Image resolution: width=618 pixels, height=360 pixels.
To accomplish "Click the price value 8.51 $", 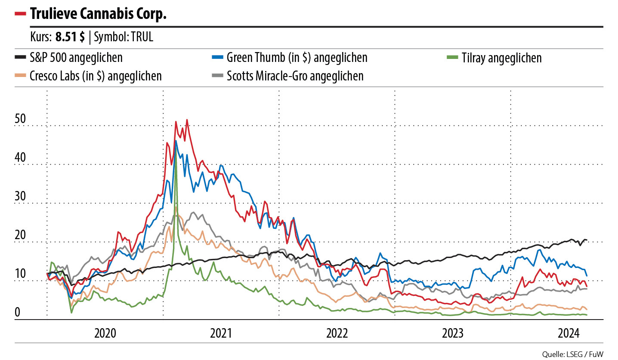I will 70,37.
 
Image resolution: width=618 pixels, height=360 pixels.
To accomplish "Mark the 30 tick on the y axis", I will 20,197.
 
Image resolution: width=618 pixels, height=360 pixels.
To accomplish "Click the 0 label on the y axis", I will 17,313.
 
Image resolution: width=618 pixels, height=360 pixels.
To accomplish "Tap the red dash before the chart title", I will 20,14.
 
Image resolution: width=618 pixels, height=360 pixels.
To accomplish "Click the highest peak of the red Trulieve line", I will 187,120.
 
